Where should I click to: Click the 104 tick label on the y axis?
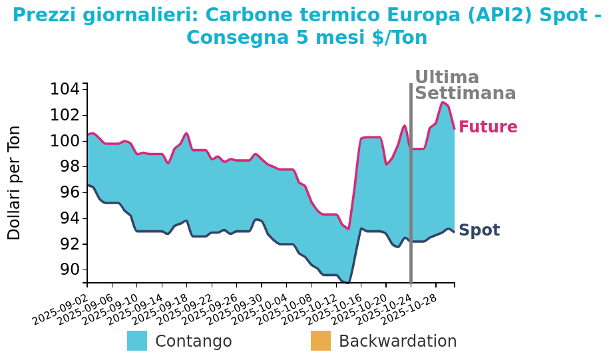66,89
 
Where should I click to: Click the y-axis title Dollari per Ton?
15,182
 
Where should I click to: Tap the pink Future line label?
488,127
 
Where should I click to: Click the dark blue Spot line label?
479,230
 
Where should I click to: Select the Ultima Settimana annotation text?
465,86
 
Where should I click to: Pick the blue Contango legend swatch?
137,341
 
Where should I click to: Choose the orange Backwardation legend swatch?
321,341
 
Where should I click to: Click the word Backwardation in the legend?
397,341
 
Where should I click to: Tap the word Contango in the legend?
193,341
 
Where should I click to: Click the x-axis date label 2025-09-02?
60,308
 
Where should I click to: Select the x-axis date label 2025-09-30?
235,308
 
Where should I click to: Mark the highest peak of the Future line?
443,102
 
